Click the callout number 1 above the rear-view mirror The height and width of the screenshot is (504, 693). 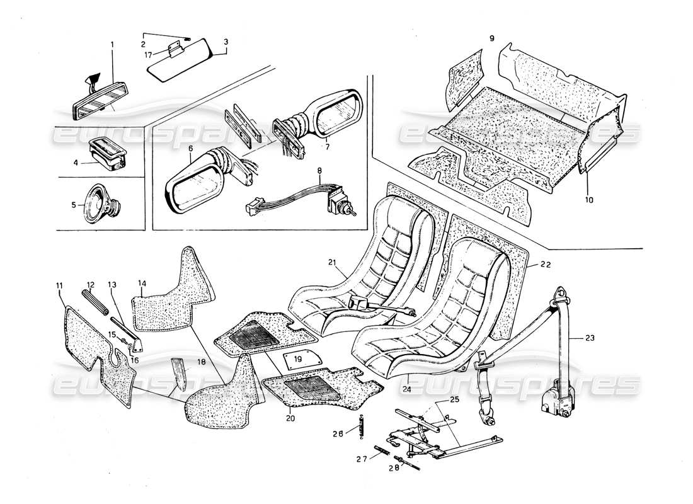click(x=113, y=45)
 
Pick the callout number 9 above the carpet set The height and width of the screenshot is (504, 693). click(x=491, y=38)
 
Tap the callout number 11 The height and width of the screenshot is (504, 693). click(x=59, y=285)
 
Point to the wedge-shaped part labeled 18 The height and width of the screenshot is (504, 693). click(x=179, y=375)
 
